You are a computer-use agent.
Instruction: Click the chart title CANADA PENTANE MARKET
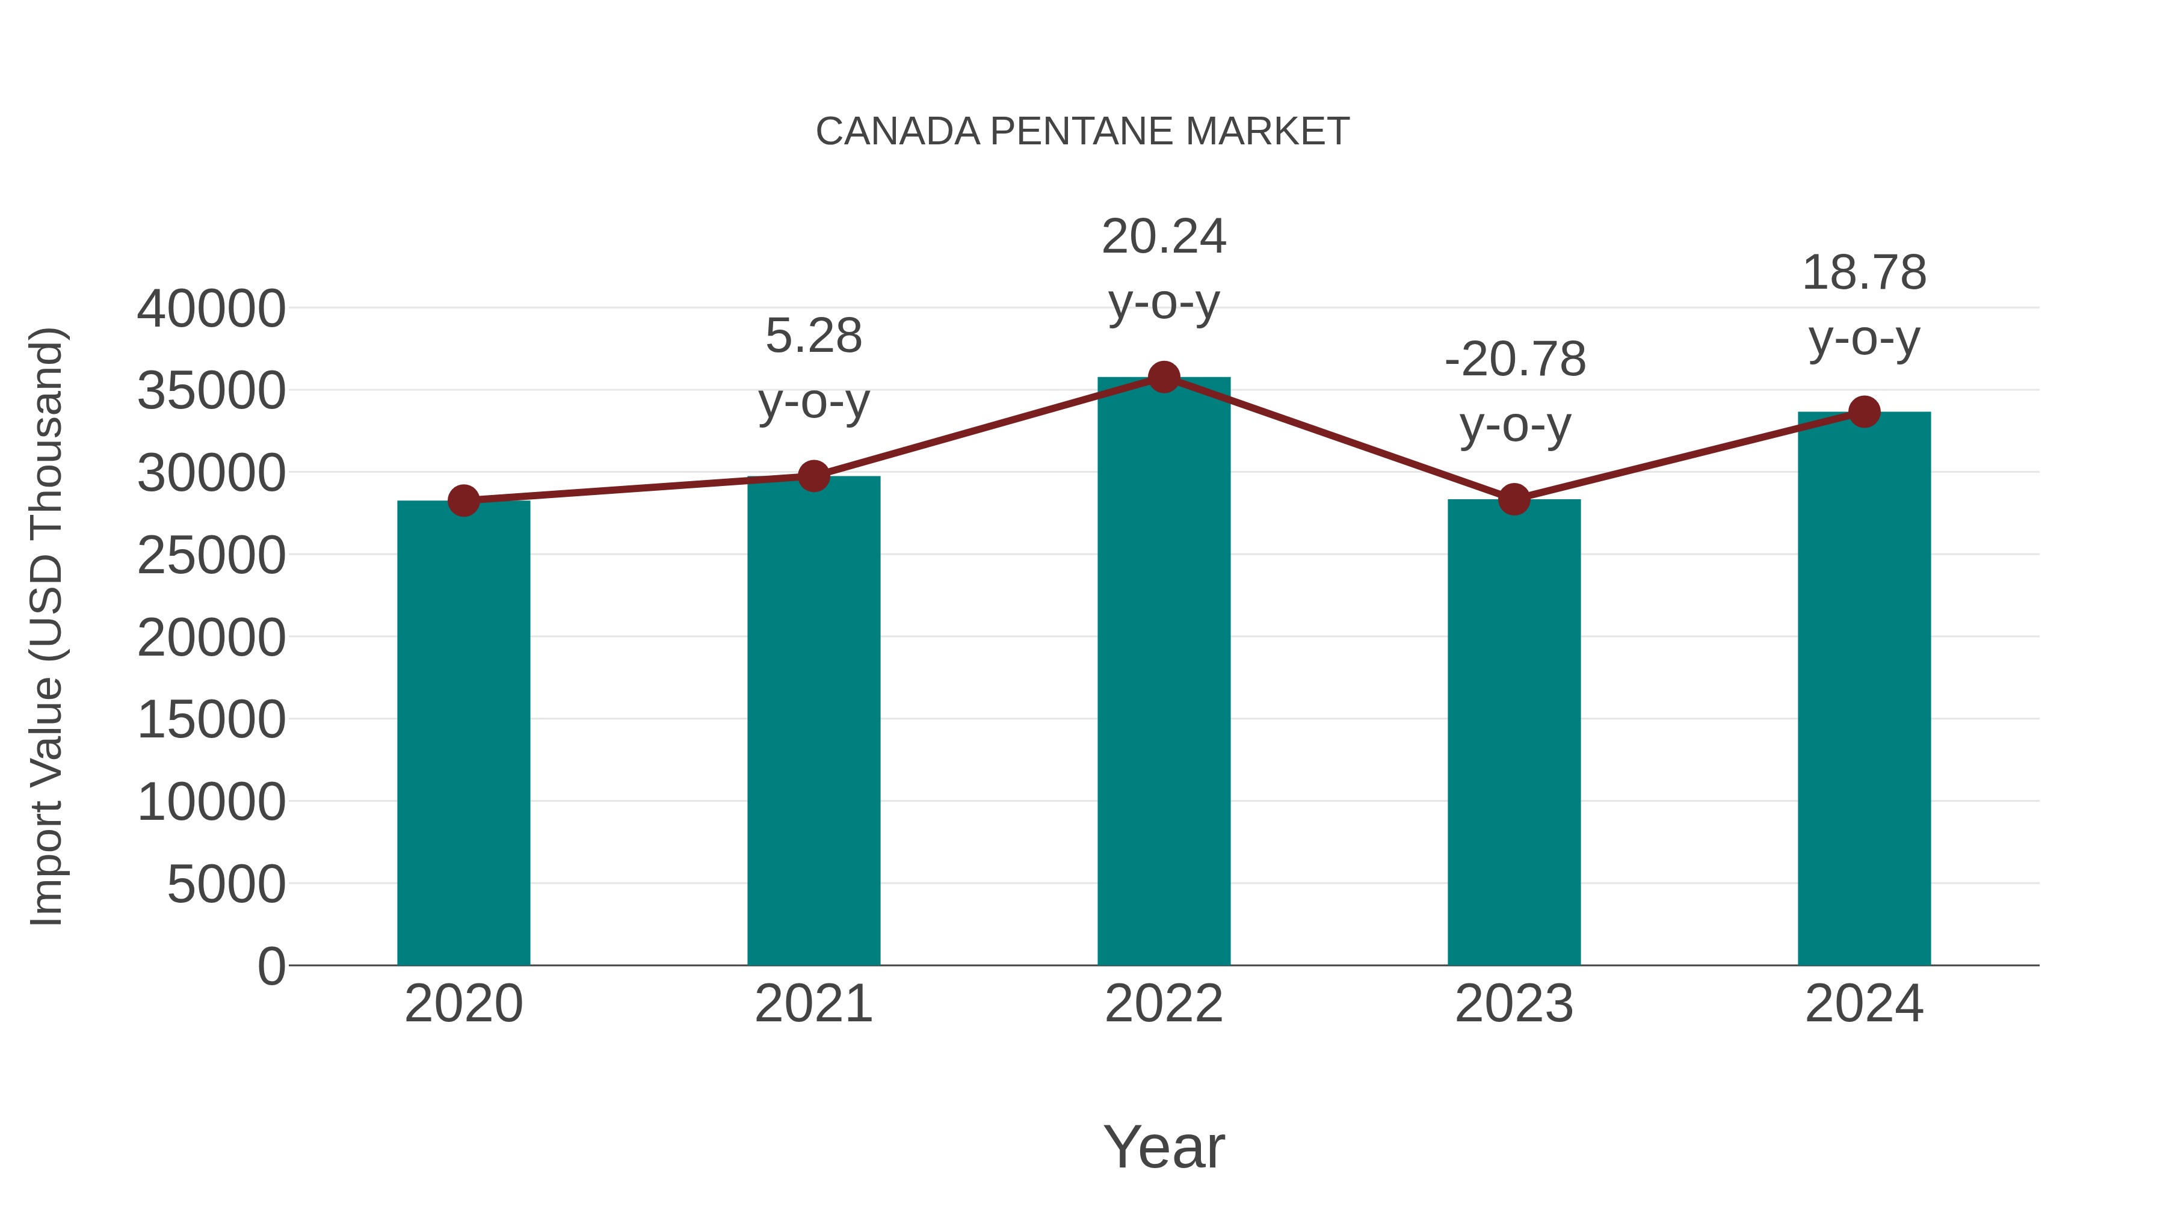click(1082, 132)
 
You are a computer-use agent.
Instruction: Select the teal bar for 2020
click(463, 731)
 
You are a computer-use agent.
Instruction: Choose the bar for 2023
click(1514, 731)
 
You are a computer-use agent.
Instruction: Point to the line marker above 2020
click(463, 501)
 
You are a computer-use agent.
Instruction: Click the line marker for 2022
click(1164, 377)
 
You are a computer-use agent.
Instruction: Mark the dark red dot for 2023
click(1514, 499)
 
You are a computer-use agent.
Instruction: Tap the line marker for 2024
click(1864, 412)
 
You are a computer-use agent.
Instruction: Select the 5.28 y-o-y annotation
click(813, 368)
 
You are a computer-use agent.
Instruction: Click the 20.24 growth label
click(1164, 269)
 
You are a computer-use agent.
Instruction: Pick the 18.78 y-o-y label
click(1864, 305)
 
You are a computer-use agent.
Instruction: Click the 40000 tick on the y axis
click(211, 309)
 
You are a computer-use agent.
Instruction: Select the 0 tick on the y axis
click(271, 966)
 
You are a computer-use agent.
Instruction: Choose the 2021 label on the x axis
click(813, 1004)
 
